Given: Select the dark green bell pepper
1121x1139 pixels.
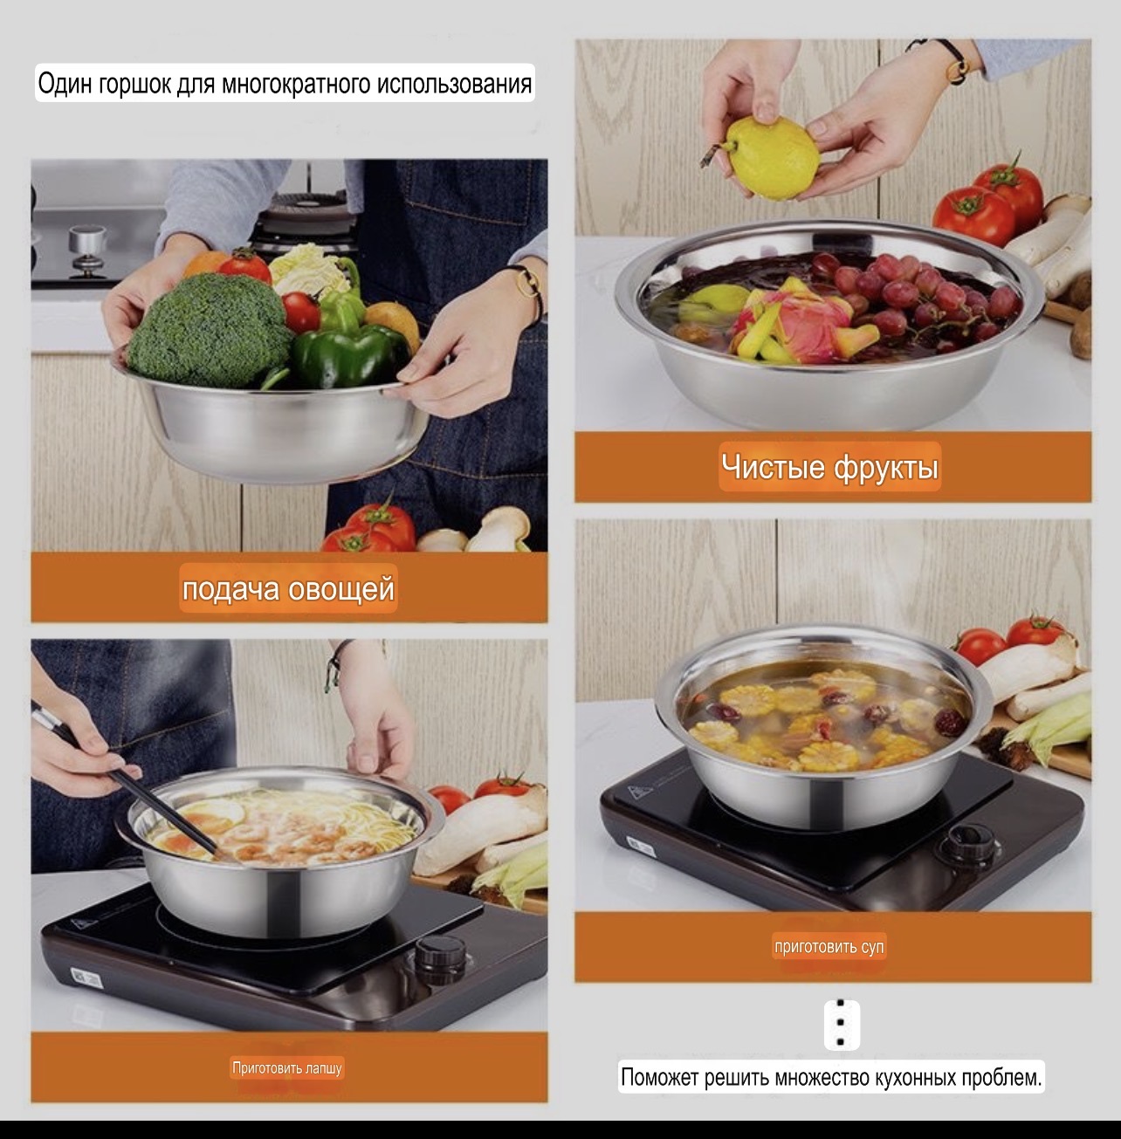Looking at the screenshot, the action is pos(350,358).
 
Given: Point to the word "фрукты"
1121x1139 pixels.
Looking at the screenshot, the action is pos(885,468).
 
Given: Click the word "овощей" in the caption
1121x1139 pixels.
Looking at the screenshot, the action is pos(340,589).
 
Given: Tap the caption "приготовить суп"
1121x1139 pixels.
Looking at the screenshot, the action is pos(829,947).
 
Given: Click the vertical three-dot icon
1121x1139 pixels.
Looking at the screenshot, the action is pos(842,1025).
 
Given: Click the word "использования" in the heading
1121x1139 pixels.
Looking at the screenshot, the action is pos(455,84).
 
